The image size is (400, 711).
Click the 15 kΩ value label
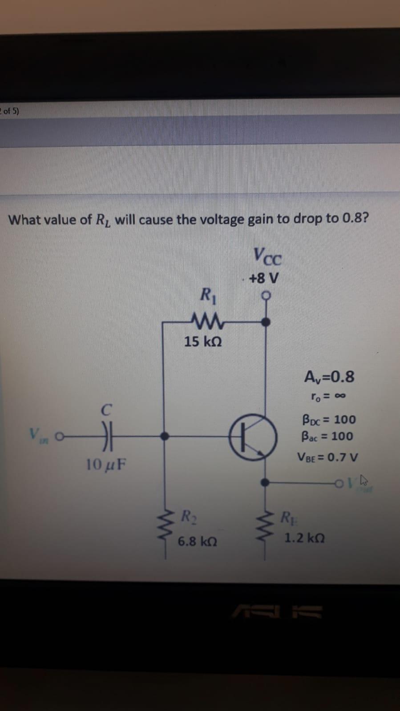click(x=203, y=341)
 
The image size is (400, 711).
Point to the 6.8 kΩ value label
click(x=197, y=542)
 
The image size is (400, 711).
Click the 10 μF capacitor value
click(x=106, y=465)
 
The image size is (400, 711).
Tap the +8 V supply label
click(x=264, y=278)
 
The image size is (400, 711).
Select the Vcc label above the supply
click(x=267, y=256)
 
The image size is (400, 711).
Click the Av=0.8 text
click(x=329, y=377)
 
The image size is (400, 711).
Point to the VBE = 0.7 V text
click(x=327, y=457)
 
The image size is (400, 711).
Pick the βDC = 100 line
click(x=329, y=419)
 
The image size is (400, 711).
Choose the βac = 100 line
click(x=327, y=436)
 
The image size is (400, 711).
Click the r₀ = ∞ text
click(x=328, y=396)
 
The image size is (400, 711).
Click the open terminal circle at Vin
click(x=59, y=437)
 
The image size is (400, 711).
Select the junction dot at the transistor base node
click(x=165, y=437)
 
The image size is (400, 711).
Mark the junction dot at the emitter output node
click(x=265, y=482)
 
